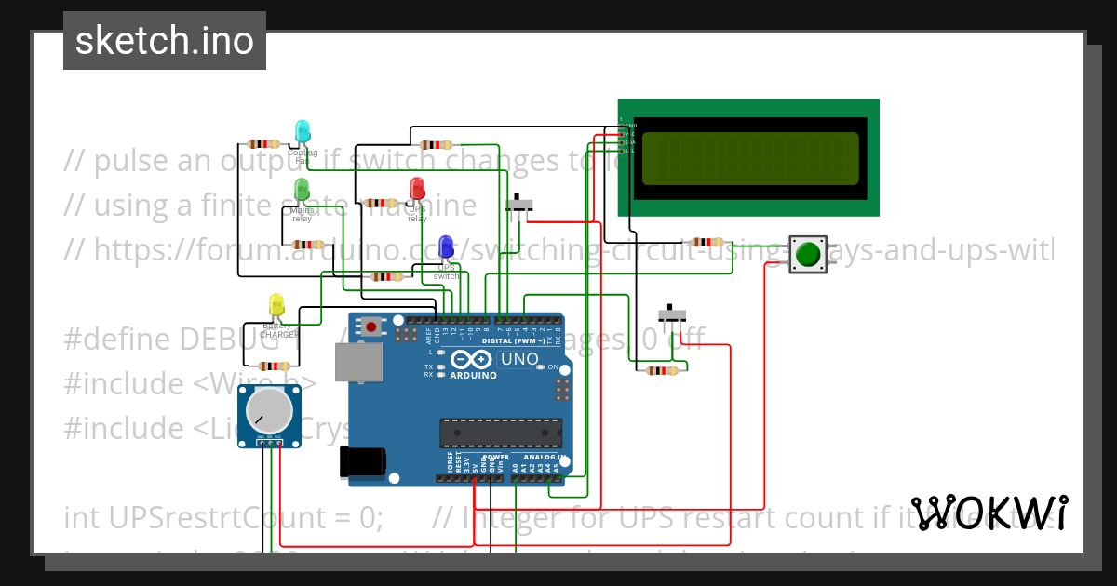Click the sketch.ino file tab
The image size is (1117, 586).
[x=164, y=41]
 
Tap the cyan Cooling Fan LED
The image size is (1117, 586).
[x=303, y=131]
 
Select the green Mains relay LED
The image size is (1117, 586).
[x=302, y=189]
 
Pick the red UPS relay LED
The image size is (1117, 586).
[x=417, y=188]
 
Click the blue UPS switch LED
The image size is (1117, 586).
[x=446, y=246]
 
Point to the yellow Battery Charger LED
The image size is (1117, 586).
[x=276, y=305]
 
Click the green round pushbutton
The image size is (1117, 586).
[x=808, y=254]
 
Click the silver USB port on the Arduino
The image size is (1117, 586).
[x=358, y=362]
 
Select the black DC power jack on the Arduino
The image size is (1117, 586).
[x=362, y=461]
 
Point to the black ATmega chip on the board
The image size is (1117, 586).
[x=501, y=433]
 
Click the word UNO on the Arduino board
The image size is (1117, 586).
[x=519, y=359]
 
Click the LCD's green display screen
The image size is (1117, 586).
[x=749, y=158]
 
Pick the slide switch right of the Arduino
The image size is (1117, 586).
[x=671, y=314]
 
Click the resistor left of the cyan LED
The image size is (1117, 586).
[x=264, y=143]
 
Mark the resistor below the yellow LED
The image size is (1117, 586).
[x=274, y=366]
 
